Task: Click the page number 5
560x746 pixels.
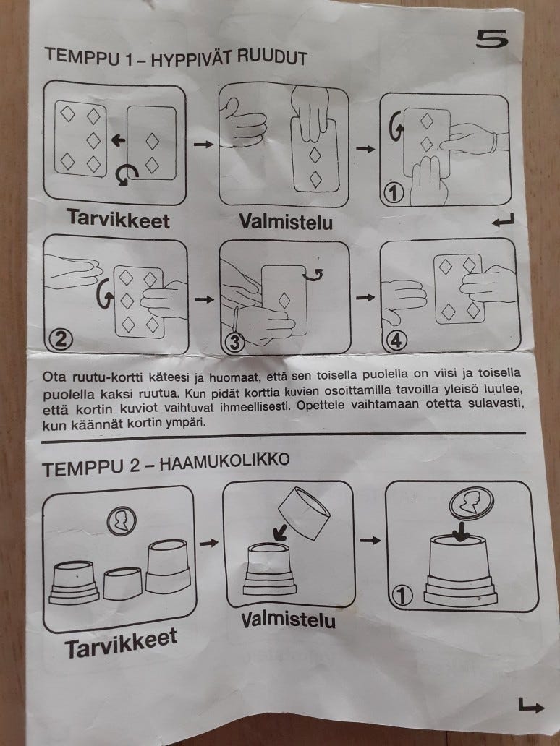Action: click(492, 38)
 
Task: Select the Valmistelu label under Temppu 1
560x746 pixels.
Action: click(286, 222)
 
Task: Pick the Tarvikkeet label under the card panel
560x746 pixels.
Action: click(118, 219)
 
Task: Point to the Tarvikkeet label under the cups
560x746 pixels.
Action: click(121, 643)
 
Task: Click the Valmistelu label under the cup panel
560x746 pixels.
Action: click(288, 620)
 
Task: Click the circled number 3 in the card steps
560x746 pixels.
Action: click(234, 343)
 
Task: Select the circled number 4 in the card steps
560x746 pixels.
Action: click(396, 340)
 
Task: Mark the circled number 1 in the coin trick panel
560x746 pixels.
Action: click(402, 596)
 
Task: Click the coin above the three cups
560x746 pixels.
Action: click(122, 520)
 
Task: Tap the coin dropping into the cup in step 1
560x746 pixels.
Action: click(472, 503)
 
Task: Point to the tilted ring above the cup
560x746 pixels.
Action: click(304, 513)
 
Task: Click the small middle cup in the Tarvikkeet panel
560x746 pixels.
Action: click(122, 583)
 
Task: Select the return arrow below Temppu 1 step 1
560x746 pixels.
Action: click(504, 220)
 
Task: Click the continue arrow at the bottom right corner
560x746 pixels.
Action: click(530, 706)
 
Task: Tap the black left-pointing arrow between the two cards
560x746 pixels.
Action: click(118, 140)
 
